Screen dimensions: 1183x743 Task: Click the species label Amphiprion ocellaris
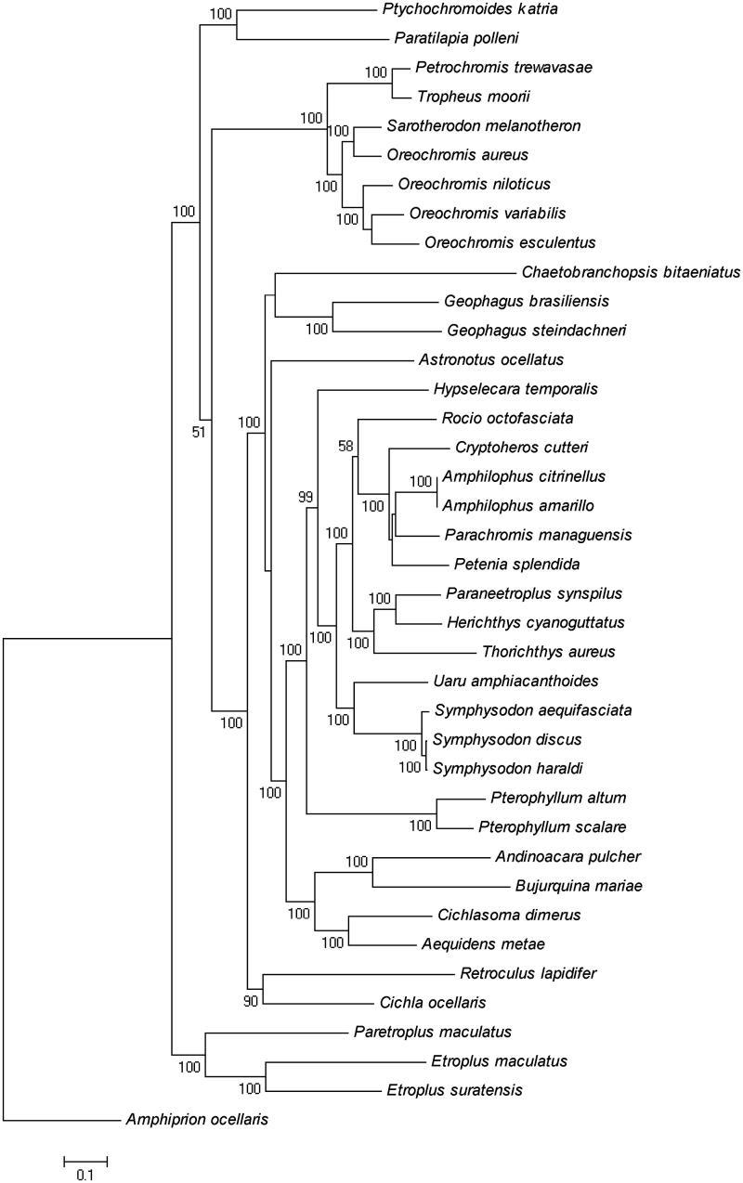(196, 1120)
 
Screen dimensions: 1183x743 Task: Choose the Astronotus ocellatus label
(485, 359)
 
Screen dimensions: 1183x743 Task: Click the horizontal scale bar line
(85, 1160)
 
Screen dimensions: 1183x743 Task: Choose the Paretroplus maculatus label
(420, 1032)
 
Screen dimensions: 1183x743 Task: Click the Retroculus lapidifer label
(528, 973)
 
